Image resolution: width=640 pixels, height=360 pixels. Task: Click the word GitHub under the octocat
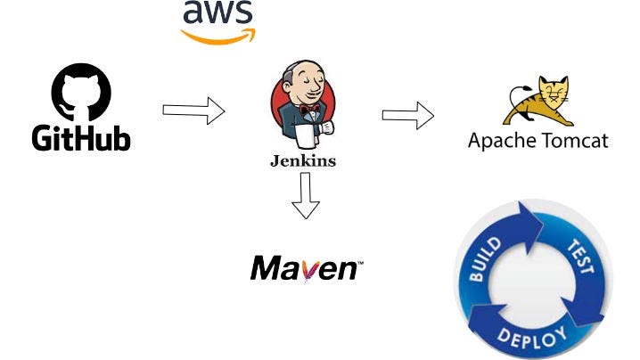click(x=81, y=138)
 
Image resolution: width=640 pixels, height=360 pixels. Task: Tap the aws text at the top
click(x=217, y=13)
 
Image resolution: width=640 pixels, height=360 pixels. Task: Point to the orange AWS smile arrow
click(x=218, y=36)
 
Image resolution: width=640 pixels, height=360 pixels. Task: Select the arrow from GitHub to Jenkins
click(x=193, y=111)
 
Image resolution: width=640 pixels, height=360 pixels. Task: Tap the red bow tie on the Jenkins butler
click(x=309, y=111)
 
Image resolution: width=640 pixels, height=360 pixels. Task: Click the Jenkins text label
click(x=303, y=161)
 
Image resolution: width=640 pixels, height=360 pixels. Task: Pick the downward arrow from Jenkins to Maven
click(x=305, y=197)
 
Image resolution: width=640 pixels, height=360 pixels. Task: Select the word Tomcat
click(x=571, y=142)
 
